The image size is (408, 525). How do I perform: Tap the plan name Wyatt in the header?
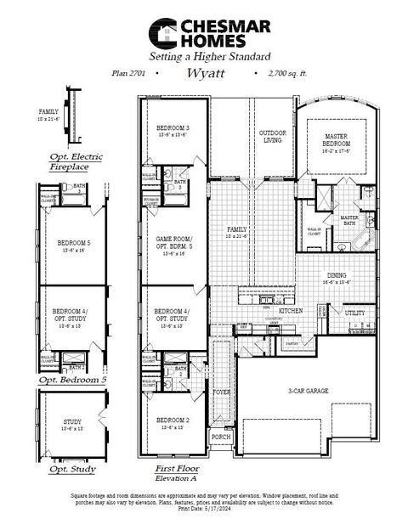(x=204, y=73)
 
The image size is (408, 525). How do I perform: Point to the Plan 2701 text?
(x=127, y=74)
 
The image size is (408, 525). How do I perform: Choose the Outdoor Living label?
(x=272, y=136)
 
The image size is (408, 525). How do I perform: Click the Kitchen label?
(x=267, y=312)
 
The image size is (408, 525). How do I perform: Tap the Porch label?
(x=221, y=437)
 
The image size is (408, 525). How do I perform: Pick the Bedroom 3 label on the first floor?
(x=173, y=128)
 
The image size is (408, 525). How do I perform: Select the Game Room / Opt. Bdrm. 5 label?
(x=173, y=243)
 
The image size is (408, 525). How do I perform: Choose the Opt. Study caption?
(x=71, y=469)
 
